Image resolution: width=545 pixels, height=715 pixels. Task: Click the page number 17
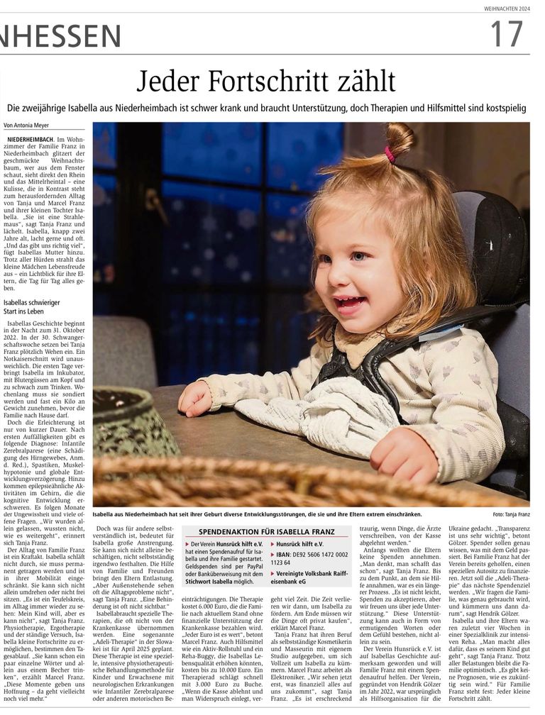[506, 34]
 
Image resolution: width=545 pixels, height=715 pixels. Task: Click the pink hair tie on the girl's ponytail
[389, 154]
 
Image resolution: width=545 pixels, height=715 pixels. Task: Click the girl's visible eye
[360, 256]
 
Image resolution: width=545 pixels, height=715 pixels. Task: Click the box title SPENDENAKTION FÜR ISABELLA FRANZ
[266, 531]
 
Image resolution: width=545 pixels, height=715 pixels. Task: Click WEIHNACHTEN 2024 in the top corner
[505, 9]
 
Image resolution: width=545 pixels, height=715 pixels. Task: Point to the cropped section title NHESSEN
[60, 35]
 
